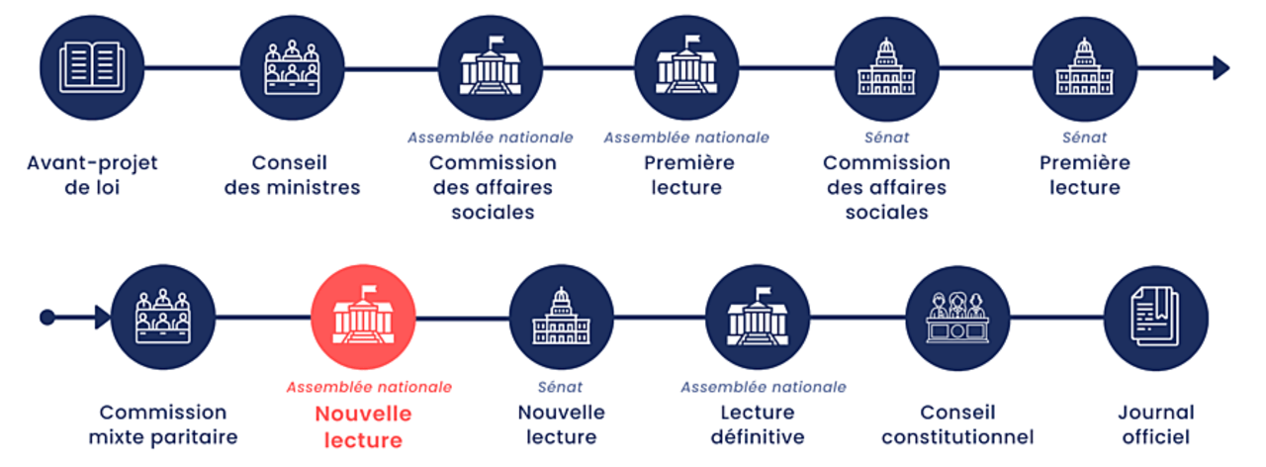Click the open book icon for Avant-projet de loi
(92, 68)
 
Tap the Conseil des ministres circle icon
(291, 68)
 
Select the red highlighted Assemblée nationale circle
(363, 318)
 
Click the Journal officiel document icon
(1155, 318)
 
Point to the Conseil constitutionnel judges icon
(957, 318)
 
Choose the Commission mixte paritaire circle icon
(163, 318)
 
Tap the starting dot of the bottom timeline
(46, 318)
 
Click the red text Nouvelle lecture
(363, 426)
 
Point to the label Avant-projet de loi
(92, 174)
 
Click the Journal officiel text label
(1155, 424)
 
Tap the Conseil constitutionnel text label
(957, 424)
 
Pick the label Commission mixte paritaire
(163, 424)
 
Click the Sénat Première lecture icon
(1084, 68)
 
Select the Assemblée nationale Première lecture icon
(686, 68)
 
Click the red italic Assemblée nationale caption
(369, 387)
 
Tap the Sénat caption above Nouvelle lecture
(560, 387)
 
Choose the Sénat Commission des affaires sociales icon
(886, 68)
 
